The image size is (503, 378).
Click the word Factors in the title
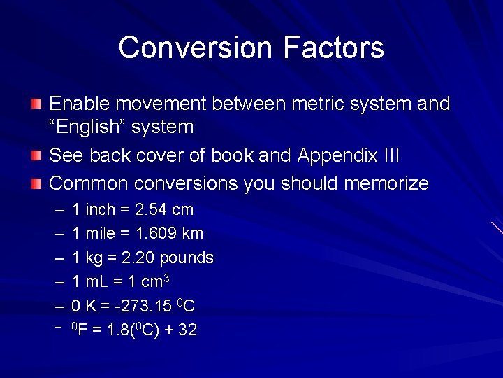(334, 48)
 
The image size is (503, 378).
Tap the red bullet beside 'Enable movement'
(36, 104)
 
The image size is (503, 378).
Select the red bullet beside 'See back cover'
(36, 155)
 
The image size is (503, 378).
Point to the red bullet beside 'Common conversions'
(36, 184)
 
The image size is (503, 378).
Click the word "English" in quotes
(85, 127)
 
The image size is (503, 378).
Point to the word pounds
(187, 258)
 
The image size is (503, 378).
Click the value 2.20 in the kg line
(138, 258)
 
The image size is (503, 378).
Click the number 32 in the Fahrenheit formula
(188, 330)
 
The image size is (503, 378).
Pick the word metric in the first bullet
(314, 104)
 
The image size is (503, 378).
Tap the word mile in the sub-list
(100, 233)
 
